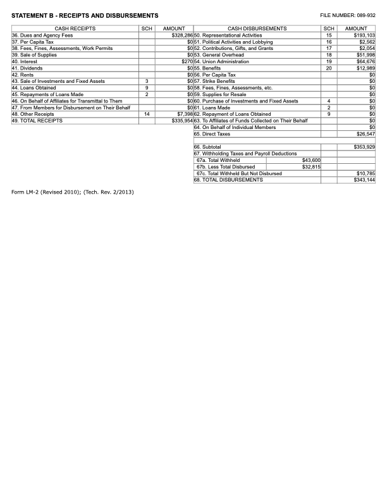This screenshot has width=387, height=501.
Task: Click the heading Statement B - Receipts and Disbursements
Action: [x=85, y=15]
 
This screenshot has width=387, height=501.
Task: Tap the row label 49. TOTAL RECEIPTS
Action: [x=37, y=120]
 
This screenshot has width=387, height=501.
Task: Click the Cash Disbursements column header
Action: [x=257, y=28]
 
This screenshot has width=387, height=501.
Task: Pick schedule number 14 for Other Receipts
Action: [x=147, y=114]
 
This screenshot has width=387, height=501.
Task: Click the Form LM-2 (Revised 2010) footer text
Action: [x=73, y=192]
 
